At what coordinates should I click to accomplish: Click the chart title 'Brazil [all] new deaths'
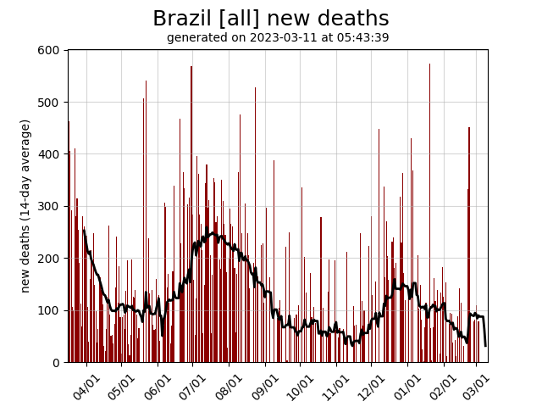[271, 19]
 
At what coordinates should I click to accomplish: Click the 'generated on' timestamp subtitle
[278, 38]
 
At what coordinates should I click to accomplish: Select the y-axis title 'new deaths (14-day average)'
[25, 206]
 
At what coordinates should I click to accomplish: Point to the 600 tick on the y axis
[49, 51]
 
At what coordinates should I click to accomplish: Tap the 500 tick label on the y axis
[49, 103]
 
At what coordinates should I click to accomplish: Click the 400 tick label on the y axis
[49, 154]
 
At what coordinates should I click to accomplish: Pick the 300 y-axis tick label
[49, 207]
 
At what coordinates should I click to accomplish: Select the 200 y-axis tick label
[49, 259]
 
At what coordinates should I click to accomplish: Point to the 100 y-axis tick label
[49, 310]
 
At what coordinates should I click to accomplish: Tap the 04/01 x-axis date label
[86, 387]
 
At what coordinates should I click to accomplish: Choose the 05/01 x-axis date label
[122, 387]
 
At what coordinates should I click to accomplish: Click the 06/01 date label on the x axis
[158, 387]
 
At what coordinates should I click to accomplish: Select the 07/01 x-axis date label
[194, 387]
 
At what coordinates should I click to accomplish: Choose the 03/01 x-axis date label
[478, 387]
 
